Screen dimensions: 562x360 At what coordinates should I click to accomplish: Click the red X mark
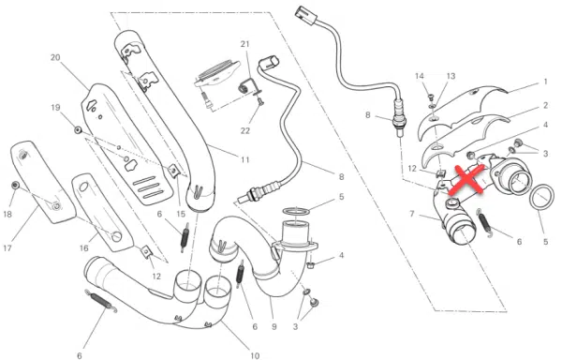tap(468, 179)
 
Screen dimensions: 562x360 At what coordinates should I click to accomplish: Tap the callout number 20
tap(55, 57)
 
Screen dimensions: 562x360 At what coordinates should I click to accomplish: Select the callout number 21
tap(244, 44)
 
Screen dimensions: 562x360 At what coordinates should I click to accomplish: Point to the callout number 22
tap(244, 131)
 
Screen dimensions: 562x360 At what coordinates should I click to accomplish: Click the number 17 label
tap(7, 247)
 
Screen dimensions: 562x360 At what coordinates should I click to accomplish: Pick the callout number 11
tap(244, 159)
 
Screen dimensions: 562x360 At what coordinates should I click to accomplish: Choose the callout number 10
tap(255, 355)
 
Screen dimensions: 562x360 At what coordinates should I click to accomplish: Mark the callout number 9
tap(274, 326)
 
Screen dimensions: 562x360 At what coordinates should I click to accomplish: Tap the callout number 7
tap(412, 214)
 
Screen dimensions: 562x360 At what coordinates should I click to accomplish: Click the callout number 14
tap(420, 76)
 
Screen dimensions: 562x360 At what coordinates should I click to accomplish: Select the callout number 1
tap(545, 82)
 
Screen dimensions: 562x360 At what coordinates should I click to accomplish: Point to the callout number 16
tap(84, 248)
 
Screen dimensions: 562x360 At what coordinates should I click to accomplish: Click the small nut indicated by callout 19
tap(78, 129)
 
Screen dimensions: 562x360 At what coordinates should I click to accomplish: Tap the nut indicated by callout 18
tap(15, 185)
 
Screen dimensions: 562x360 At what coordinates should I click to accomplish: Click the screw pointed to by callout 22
tap(260, 101)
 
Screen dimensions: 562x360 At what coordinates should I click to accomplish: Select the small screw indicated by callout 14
tap(431, 97)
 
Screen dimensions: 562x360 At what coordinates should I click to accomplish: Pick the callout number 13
tap(451, 76)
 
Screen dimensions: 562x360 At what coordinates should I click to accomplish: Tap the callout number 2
tap(545, 105)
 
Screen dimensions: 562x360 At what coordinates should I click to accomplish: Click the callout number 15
tap(181, 214)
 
